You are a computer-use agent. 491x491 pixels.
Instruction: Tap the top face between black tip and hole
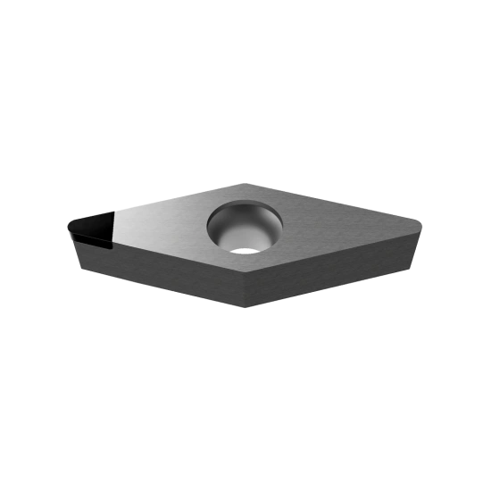[161, 228]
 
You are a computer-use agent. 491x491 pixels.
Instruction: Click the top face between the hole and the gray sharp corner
[339, 223]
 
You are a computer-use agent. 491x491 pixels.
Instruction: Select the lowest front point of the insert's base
[241, 309]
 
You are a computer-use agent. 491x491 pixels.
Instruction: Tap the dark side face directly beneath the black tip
[89, 254]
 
